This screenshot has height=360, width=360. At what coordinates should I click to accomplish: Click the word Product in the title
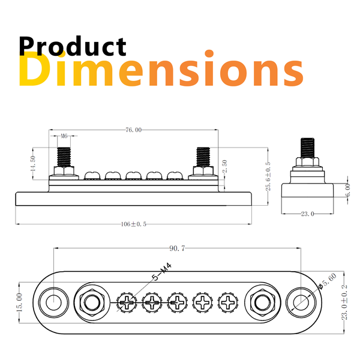coord(72,47)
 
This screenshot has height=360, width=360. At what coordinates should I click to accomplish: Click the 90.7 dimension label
coord(177,247)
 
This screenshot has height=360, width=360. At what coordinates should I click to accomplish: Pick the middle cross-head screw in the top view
coord(177,301)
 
